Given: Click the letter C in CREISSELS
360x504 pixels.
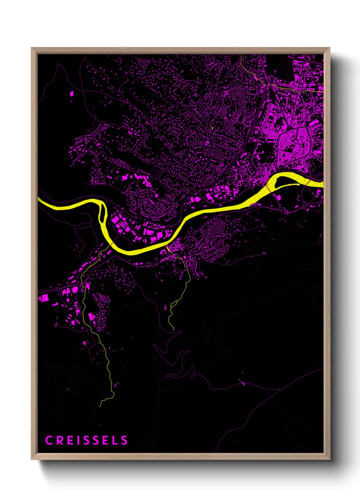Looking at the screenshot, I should (49, 440).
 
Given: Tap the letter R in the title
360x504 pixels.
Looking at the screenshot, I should (60, 440).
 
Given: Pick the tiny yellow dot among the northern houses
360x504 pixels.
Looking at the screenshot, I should (212, 128).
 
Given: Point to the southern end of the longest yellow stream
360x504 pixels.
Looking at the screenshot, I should (100, 406).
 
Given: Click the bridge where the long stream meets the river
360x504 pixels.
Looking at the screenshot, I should (111, 245).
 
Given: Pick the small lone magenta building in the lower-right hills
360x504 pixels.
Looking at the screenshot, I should (243, 383).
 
